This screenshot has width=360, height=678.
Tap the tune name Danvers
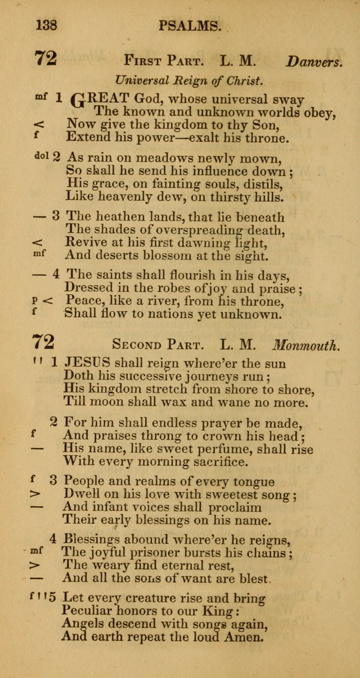314,62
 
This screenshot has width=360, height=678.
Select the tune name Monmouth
322,344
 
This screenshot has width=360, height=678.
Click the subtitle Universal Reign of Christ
188,80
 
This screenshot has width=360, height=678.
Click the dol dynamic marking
42,156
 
